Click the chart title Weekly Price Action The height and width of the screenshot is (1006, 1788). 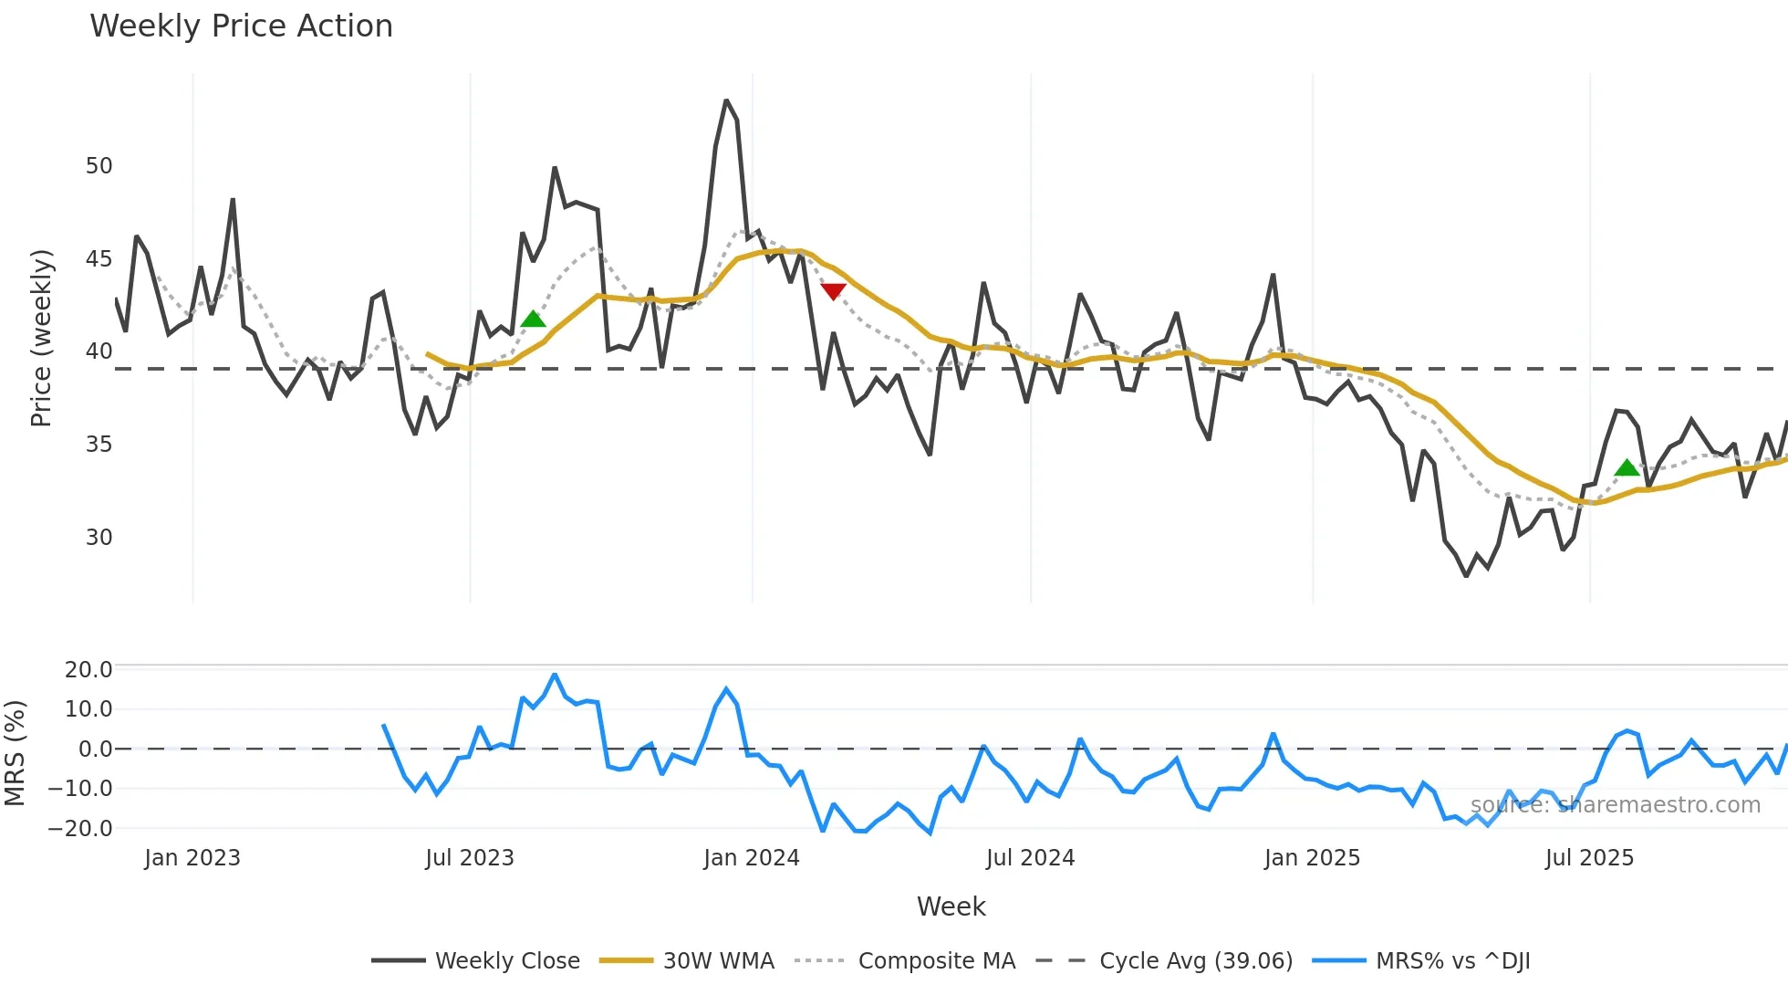[x=241, y=26]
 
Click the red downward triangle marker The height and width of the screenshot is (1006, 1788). [x=833, y=291]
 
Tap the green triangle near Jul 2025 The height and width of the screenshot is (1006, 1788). [x=1627, y=468]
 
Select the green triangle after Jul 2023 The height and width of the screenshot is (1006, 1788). [x=533, y=319]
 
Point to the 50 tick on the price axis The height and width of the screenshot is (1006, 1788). [x=99, y=166]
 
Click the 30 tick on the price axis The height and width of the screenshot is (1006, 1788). [x=99, y=537]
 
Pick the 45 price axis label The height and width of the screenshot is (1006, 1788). [x=99, y=259]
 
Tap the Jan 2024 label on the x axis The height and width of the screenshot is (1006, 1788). [x=751, y=858]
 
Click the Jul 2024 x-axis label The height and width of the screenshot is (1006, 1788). [x=1030, y=858]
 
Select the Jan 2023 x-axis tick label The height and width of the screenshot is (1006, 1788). [x=192, y=858]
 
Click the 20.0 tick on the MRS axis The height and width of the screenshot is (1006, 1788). [x=88, y=670]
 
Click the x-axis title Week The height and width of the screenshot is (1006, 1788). [x=951, y=906]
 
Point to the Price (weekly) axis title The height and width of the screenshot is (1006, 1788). [x=41, y=338]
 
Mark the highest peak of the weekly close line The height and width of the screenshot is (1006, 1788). [x=726, y=100]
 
